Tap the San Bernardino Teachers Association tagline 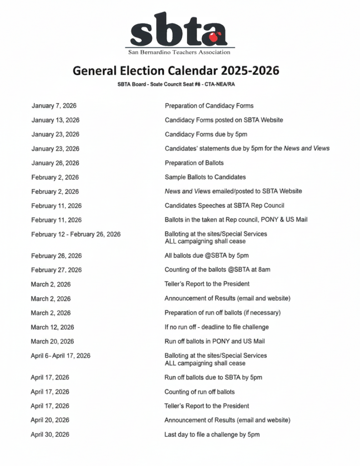pos(179,52)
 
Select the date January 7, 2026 pos(54,106)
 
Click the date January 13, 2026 pos(56,120)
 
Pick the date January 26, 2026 pos(56,163)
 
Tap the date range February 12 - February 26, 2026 pos(76,234)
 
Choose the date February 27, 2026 pos(56,270)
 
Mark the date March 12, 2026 pos(52,327)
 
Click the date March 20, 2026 pos(52,341)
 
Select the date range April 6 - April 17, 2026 pos(61,356)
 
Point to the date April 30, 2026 pos(50,435)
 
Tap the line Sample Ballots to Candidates pos(205,177)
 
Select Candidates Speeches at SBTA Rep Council pos(224,206)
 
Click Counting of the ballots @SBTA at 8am pos(217,270)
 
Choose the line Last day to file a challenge pos(212,435)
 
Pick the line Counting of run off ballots pos(199,392)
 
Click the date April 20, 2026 pos(50,420)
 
